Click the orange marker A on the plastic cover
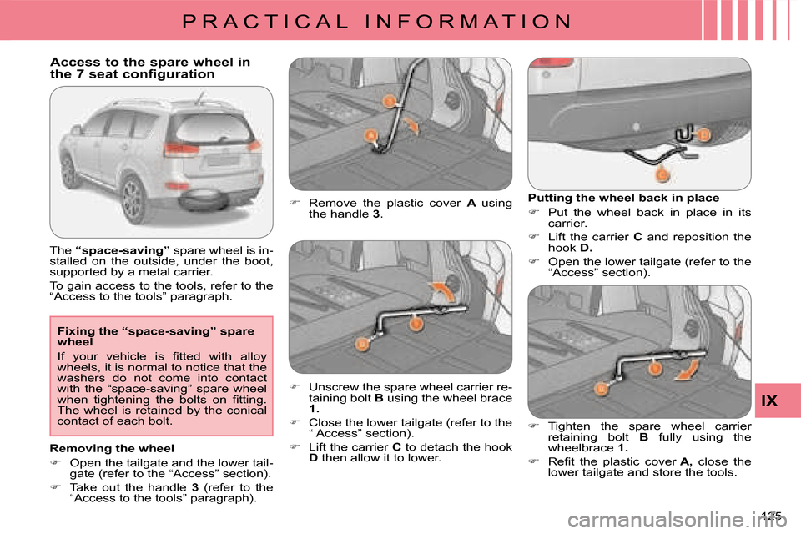(x=368, y=135)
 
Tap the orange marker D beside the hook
(x=703, y=134)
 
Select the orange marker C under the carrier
(x=662, y=174)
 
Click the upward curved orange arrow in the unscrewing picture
(x=441, y=290)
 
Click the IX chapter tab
(x=768, y=401)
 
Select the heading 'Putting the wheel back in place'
(x=623, y=198)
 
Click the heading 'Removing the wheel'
(x=112, y=447)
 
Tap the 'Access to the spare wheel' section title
(x=150, y=68)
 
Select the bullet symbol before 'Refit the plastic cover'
(x=533, y=461)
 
